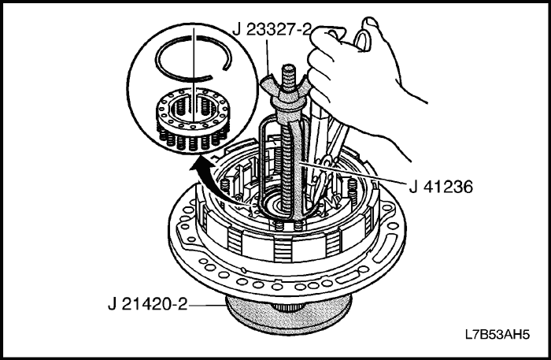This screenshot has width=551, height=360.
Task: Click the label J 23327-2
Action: pyautogui.click(x=272, y=29)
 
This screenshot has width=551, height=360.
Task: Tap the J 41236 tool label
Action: pyautogui.click(x=441, y=187)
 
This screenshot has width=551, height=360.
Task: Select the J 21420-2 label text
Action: pyautogui.click(x=148, y=304)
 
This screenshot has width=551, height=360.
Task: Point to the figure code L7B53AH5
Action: pyautogui.click(x=497, y=334)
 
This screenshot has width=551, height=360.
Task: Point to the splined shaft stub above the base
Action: pyautogui.click(x=287, y=307)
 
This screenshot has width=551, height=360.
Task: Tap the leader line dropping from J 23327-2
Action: pyautogui.click(x=267, y=57)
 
